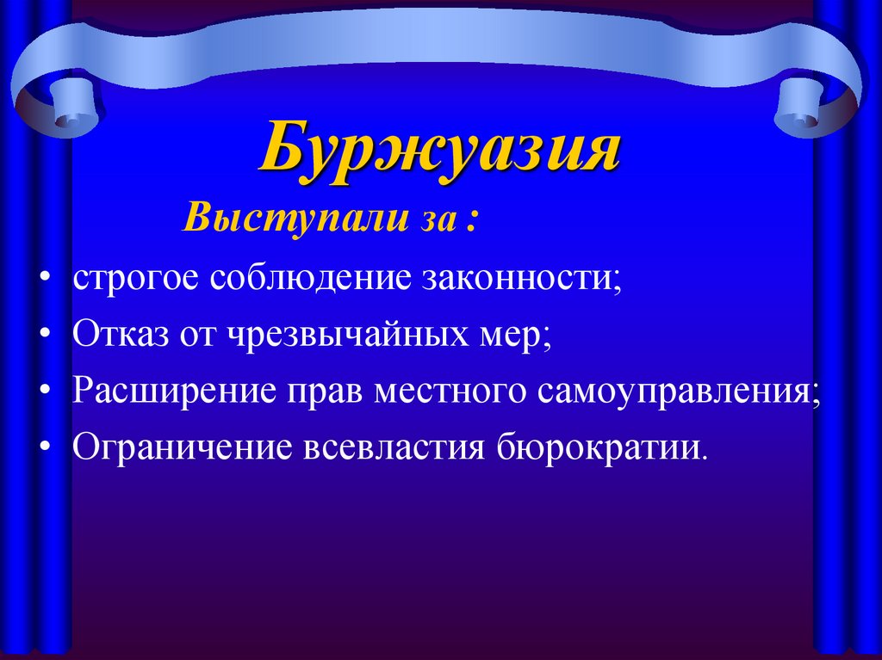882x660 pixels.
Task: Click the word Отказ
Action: coord(116,334)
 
